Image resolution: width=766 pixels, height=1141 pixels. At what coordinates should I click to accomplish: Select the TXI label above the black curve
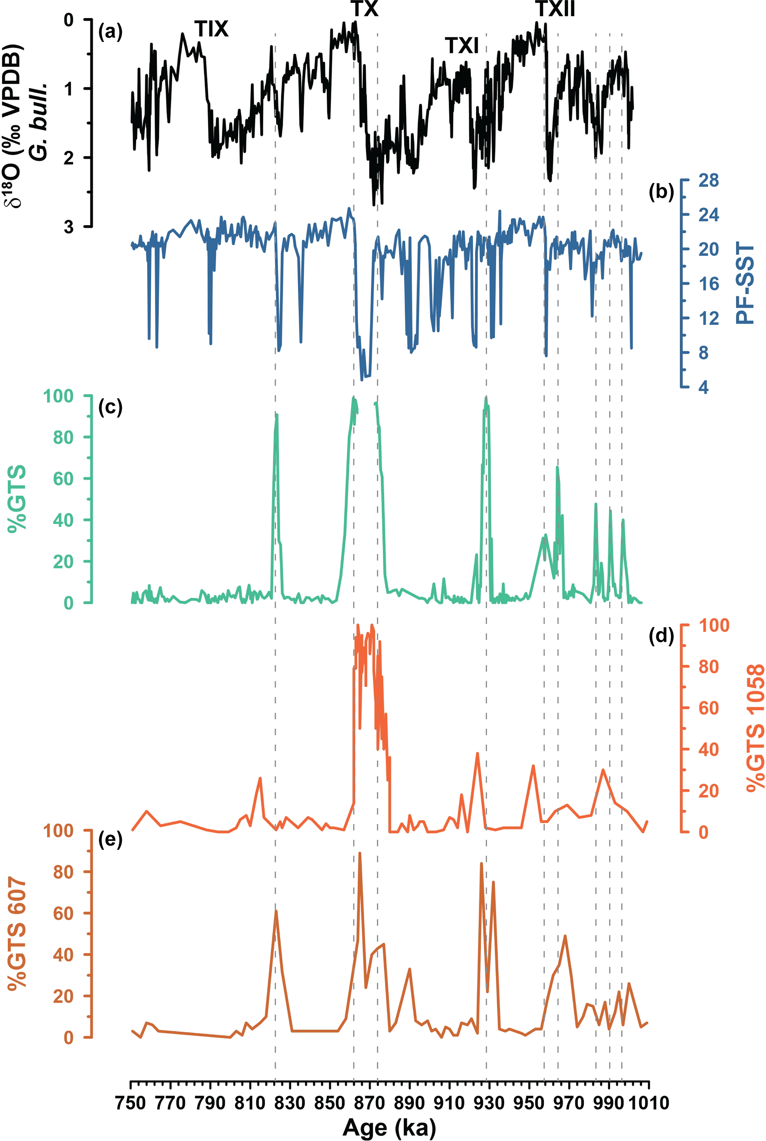(462, 46)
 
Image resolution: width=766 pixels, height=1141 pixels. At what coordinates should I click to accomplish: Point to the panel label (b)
(661, 192)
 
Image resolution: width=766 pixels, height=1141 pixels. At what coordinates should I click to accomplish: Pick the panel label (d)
(661, 636)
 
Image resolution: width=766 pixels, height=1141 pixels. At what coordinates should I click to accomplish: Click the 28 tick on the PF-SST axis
(708, 181)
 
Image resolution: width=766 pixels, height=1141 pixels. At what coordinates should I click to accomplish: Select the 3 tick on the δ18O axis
(69, 227)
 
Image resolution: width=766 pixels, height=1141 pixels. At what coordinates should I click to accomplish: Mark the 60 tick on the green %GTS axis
(63, 479)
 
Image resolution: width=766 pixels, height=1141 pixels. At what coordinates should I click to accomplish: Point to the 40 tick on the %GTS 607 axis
(63, 954)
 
